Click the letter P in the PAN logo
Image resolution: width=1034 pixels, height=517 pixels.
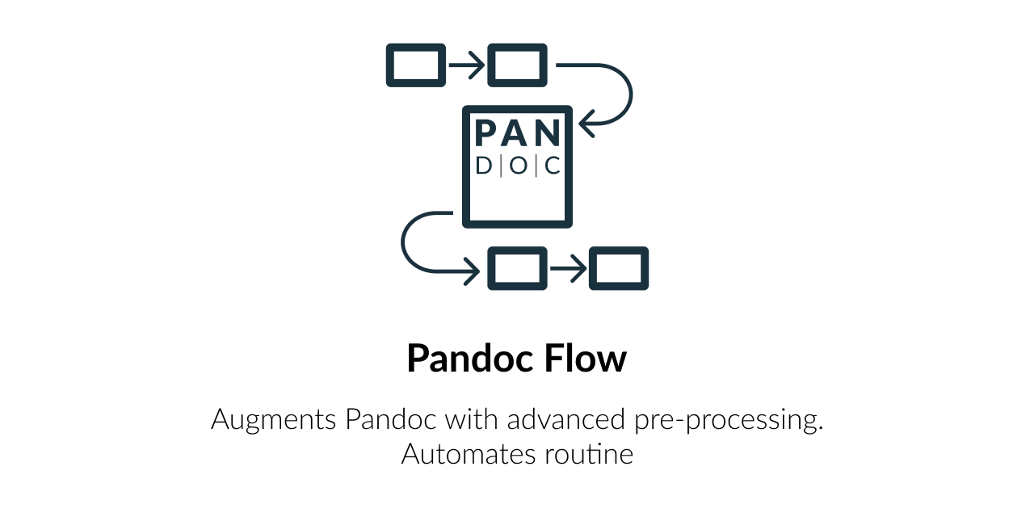point(487,134)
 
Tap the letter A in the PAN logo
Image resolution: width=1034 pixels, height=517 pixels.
point(517,134)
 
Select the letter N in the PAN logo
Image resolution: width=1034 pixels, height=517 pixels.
point(547,134)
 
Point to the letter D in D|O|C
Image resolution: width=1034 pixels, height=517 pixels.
point(484,166)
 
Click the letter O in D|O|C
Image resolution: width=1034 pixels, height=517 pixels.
point(518,166)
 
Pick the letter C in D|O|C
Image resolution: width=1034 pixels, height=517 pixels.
point(553,166)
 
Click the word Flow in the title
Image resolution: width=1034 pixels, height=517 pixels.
point(587,358)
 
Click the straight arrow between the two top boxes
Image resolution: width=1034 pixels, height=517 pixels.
point(466,65)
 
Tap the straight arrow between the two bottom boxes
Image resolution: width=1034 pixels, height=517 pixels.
point(568,268)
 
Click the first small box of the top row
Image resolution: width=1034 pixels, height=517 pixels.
point(416,65)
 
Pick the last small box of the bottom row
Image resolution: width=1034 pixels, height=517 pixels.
point(619,268)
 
